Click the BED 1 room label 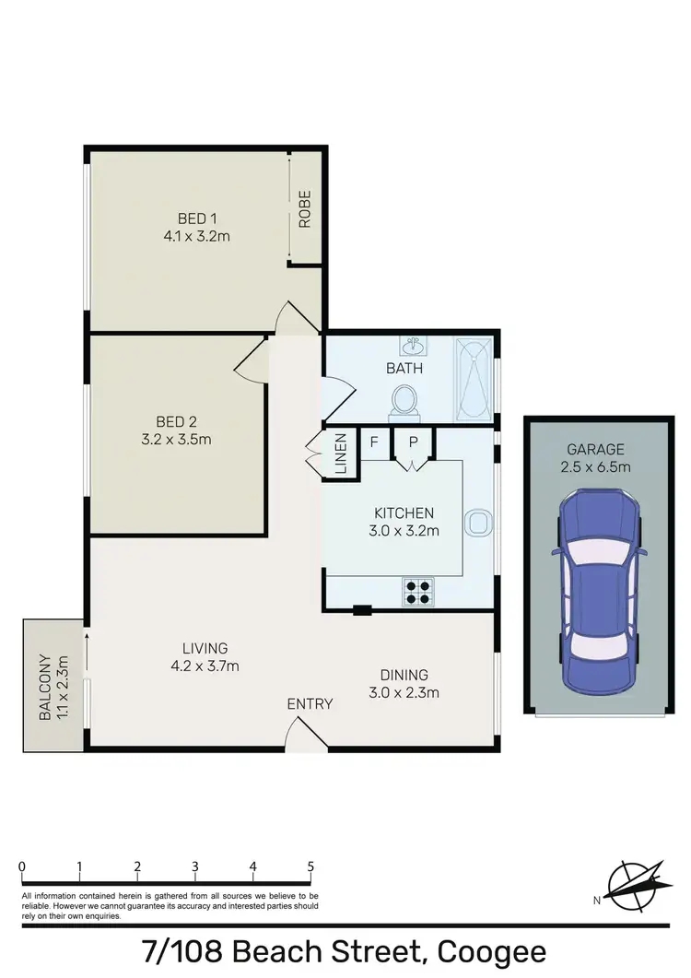pos(196,218)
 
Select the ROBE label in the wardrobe pos(304,208)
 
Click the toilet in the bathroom pos(404,400)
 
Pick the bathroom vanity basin pos(413,347)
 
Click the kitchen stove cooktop pos(417,590)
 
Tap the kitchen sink pos(479,523)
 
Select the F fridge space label pos(374,442)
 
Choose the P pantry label pos(414,442)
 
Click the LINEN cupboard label pos(340,454)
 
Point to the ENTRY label pos(310,704)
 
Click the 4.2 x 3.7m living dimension pos(205,666)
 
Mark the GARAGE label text pos(595,450)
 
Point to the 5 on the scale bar pos(310,866)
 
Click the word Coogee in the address pos(492,951)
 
